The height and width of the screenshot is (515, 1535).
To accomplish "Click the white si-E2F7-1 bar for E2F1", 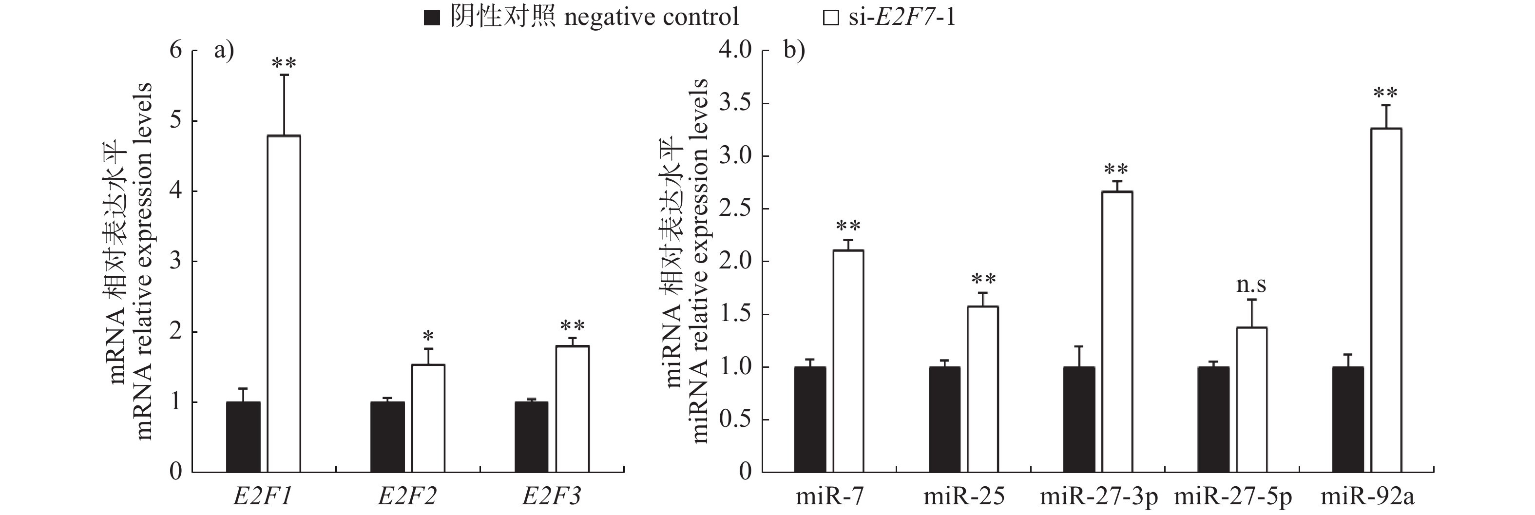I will point(284,304).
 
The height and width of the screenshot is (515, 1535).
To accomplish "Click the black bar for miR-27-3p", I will point(1079,420).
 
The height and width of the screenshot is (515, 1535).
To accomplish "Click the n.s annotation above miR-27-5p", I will point(1251,285).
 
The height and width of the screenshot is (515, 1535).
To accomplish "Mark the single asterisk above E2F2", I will point(428,336).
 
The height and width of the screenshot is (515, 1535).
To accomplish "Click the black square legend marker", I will point(431,18).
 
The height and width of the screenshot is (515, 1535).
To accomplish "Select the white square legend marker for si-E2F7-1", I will point(831,18).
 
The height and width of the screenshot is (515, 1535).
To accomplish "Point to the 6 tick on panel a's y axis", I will point(176,50).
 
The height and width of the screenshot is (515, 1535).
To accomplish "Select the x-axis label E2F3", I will point(551,496).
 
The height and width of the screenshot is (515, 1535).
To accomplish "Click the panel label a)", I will point(224,50).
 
